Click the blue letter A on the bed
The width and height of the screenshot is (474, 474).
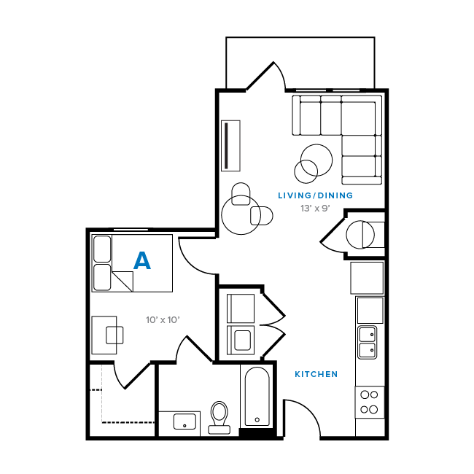[142, 261]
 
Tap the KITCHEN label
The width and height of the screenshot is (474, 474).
[316, 374]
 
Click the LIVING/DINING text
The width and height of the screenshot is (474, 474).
[315, 195]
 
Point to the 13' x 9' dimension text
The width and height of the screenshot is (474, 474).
[315, 209]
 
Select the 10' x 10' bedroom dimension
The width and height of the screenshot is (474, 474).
[163, 319]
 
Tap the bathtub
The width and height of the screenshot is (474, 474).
[257, 397]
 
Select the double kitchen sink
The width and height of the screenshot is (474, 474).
[367, 342]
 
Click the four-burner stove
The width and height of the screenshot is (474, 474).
[370, 402]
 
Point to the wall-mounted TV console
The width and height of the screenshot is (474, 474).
[230, 145]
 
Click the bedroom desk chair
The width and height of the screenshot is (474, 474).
[115, 335]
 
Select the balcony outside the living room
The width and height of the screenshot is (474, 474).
[300, 63]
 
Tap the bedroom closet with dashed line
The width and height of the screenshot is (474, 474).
[121, 400]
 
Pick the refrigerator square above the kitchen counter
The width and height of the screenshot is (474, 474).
[367, 277]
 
